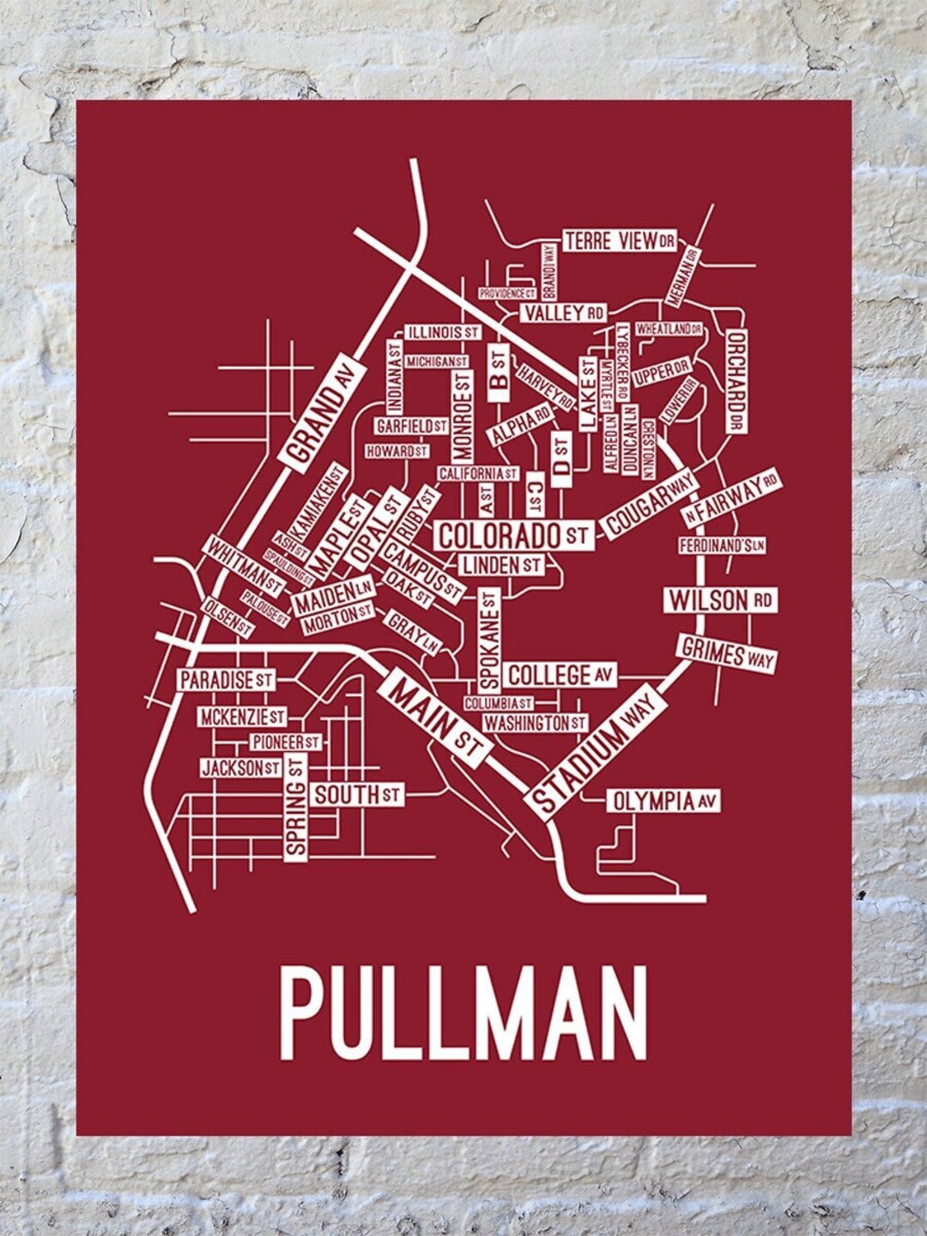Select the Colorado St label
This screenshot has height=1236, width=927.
click(x=513, y=536)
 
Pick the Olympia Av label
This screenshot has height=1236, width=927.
click(x=663, y=802)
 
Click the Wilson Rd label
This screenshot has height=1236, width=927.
click(x=720, y=600)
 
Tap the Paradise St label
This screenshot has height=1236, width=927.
click(x=226, y=681)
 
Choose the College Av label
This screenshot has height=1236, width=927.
click(x=560, y=676)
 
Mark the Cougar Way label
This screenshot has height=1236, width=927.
click(x=650, y=506)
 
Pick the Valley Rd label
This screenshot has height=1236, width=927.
click(x=563, y=312)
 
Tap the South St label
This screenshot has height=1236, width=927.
click(x=357, y=795)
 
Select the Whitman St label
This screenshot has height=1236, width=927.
click(x=243, y=566)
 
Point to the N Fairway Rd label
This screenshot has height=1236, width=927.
click(x=730, y=500)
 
